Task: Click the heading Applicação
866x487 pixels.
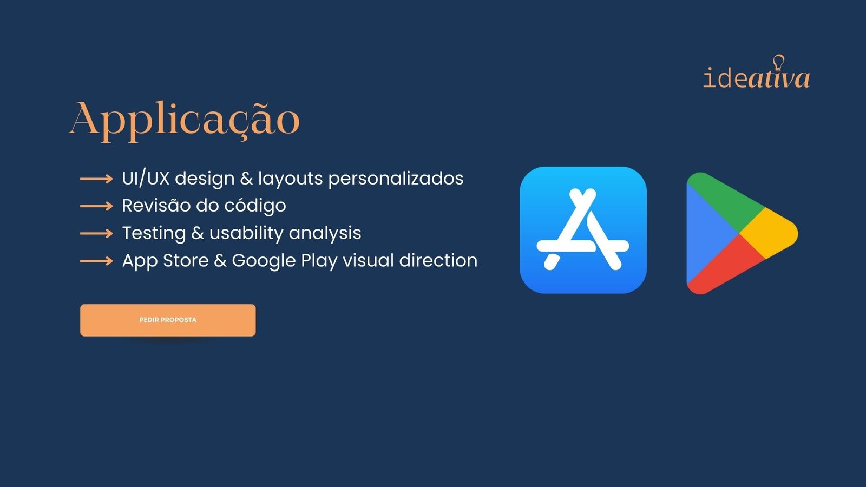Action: [184, 119]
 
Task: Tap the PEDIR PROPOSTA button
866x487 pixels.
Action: [168, 320]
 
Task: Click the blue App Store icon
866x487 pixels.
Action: [583, 230]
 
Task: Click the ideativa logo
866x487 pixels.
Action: [756, 75]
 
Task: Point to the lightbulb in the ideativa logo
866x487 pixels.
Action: [778, 63]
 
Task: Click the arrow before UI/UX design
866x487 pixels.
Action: [96, 179]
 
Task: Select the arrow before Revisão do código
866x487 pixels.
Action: [96, 206]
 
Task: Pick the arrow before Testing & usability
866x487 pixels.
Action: [96, 234]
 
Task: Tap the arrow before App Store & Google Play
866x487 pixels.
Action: [96, 261]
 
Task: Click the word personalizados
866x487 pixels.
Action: [396, 179]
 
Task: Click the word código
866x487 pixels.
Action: [255, 206]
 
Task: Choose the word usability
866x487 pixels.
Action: [246, 233]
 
